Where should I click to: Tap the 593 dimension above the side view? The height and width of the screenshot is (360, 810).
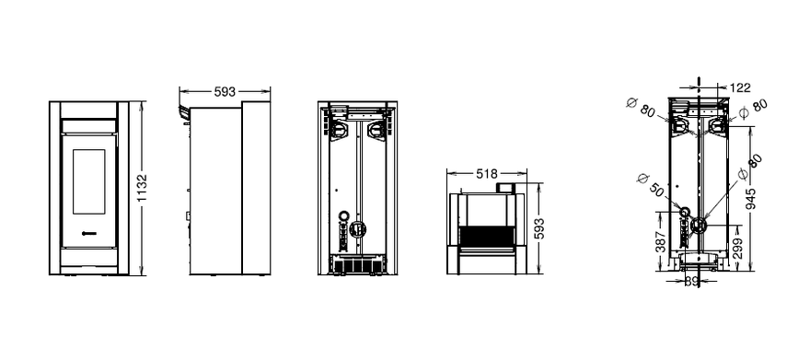pyautogui.click(x=225, y=92)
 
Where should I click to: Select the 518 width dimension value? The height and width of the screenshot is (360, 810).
pyautogui.click(x=487, y=174)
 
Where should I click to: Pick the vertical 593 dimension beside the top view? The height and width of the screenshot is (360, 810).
pyautogui.click(x=538, y=228)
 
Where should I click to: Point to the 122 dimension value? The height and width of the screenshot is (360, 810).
pyautogui.click(x=741, y=87)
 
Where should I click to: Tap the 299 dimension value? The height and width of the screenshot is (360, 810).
pyautogui.click(x=738, y=248)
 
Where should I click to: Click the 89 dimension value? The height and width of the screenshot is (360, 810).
pyautogui.click(x=691, y=282)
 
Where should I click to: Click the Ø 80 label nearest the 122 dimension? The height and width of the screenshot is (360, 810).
pyautogui.click(x=753, y=108)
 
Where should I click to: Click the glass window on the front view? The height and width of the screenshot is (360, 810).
pyautogui.click(x=89, y=181)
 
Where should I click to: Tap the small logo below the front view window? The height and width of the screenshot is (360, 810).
pyautogui.click(x=89, y=233)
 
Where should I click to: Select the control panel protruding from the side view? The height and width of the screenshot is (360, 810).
pyautogui.click(x=184, y=113)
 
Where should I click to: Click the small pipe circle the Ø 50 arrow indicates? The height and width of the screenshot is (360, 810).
pyautogui.click(x=685, y=212)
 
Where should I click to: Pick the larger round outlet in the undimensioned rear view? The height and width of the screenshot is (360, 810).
pyautogui.click(x=356, y=226)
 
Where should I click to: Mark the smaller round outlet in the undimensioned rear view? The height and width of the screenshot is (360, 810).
pyautogui.click(x=343, y=215)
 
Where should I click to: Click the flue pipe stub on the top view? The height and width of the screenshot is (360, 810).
pyautogui.click(x=505, y=188)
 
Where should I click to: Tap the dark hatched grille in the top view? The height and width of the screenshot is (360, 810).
pyautogui.click(x=486, y=236)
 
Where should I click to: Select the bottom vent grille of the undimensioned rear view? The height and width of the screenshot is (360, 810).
pyautogui.click(x=357, y=265)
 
